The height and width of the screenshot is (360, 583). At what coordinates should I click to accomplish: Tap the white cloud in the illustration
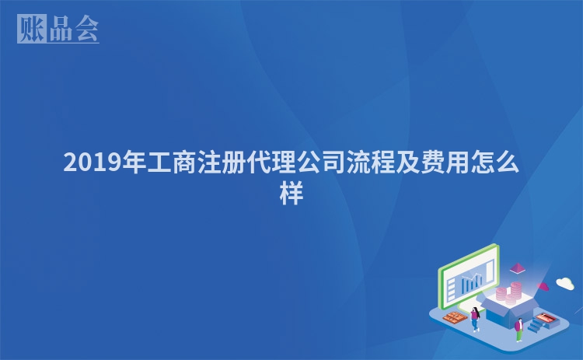click(565, 282)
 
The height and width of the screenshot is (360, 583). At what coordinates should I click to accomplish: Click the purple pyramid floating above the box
click(516, 269)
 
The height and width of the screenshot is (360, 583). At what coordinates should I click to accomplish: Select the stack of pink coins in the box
click(511, 294)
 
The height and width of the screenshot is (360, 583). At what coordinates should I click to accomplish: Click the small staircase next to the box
click(536, 326)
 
